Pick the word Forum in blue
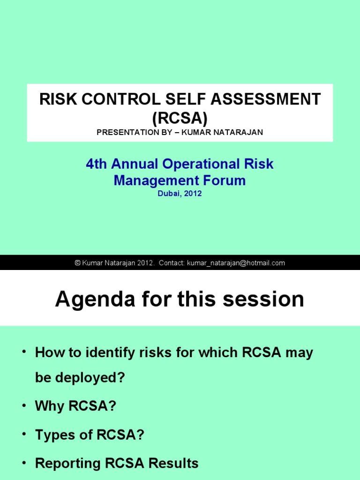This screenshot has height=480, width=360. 222,180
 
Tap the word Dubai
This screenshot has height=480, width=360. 168,193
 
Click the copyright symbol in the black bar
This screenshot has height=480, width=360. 78,263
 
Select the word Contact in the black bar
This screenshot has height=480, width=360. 172,263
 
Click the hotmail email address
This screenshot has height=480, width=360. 236,263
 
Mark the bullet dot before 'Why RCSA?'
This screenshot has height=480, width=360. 23,406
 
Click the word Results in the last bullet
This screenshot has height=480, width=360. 173,464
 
